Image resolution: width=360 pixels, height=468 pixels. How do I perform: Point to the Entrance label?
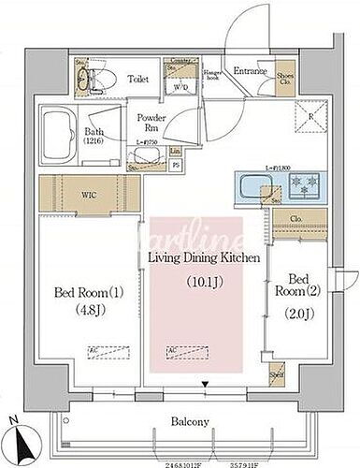[252, 70]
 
